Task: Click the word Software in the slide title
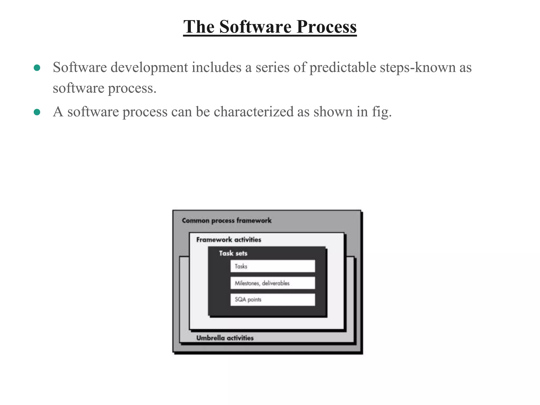255,27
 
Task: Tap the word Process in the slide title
326,27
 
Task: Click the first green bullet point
37,68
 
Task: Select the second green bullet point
37,112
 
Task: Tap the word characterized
253,112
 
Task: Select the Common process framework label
226,220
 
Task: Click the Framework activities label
229,240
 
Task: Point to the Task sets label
233,253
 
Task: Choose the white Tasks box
272,266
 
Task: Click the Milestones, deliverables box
272,283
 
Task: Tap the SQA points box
272,300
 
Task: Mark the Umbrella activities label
225,338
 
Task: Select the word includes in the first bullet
216,67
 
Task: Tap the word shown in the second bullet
333,112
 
